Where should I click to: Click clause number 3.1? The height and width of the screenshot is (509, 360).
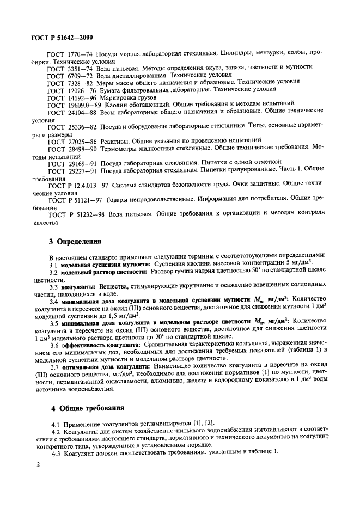53,263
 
